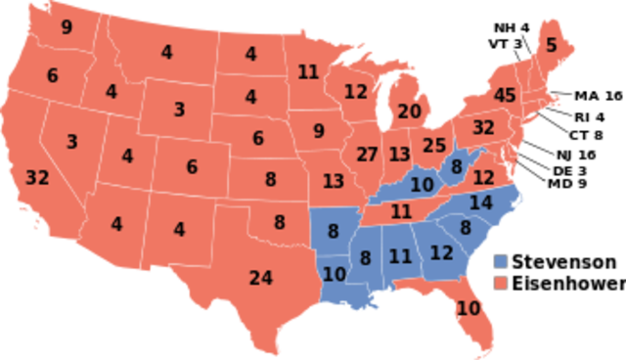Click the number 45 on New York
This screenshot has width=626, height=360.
(505, 96)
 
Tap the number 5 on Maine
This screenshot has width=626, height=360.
(551, 44)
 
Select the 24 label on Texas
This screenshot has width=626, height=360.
(260, 278)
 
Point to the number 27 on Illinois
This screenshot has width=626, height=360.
(367, 155)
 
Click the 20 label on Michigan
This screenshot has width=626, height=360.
(409, 112)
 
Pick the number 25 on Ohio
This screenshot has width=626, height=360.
(434, 146)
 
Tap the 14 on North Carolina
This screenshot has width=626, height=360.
(480, 203)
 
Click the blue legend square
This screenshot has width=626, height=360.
(501, 261)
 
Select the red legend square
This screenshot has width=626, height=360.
(501, 283)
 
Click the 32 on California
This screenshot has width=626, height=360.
(37, 178)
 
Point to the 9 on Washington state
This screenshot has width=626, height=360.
(67, 27)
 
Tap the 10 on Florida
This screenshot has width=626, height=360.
(469, 308)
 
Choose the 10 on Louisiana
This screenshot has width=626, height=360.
(335, 274)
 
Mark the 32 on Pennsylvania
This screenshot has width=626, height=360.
(483, 127)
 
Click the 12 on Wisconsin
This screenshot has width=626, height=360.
(355, 92)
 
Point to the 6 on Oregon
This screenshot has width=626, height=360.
(52, 75)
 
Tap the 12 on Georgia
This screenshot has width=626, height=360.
(442, 252)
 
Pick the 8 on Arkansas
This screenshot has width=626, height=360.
(333, 233)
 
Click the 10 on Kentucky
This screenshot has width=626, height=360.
(423, 184)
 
